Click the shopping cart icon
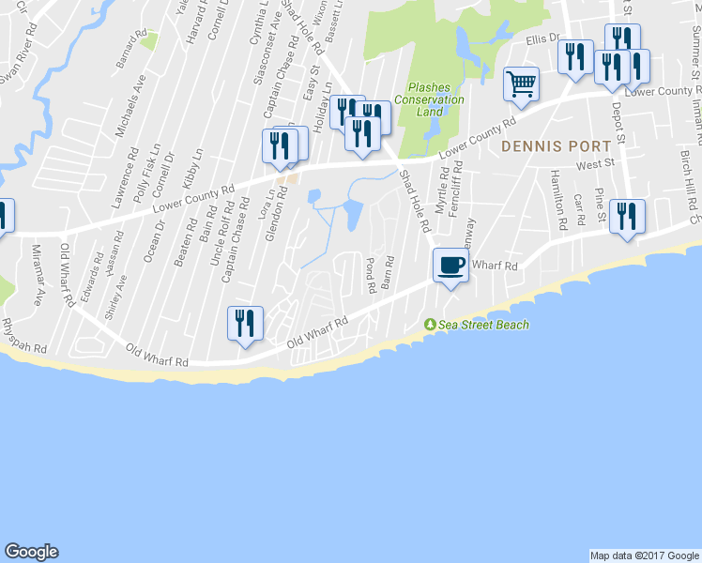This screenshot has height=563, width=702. (x=521, y=84)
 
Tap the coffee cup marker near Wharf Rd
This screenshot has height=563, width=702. (x=451, y=266)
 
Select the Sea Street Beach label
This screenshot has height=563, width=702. (x=479, y=325)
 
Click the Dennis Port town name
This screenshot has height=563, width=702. (x=556, y=146)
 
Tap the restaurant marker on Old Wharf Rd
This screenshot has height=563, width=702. (x=245, y=324)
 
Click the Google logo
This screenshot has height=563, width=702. (x=31, y=552)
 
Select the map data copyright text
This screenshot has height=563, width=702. (x=644, y=555)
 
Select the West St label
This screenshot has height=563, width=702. (x=594, y=164)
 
